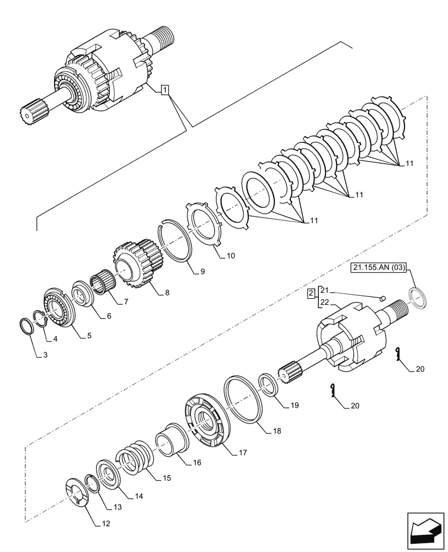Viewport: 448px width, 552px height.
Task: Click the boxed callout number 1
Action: [164, 89]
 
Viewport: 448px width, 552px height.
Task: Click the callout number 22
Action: [324, 301]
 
